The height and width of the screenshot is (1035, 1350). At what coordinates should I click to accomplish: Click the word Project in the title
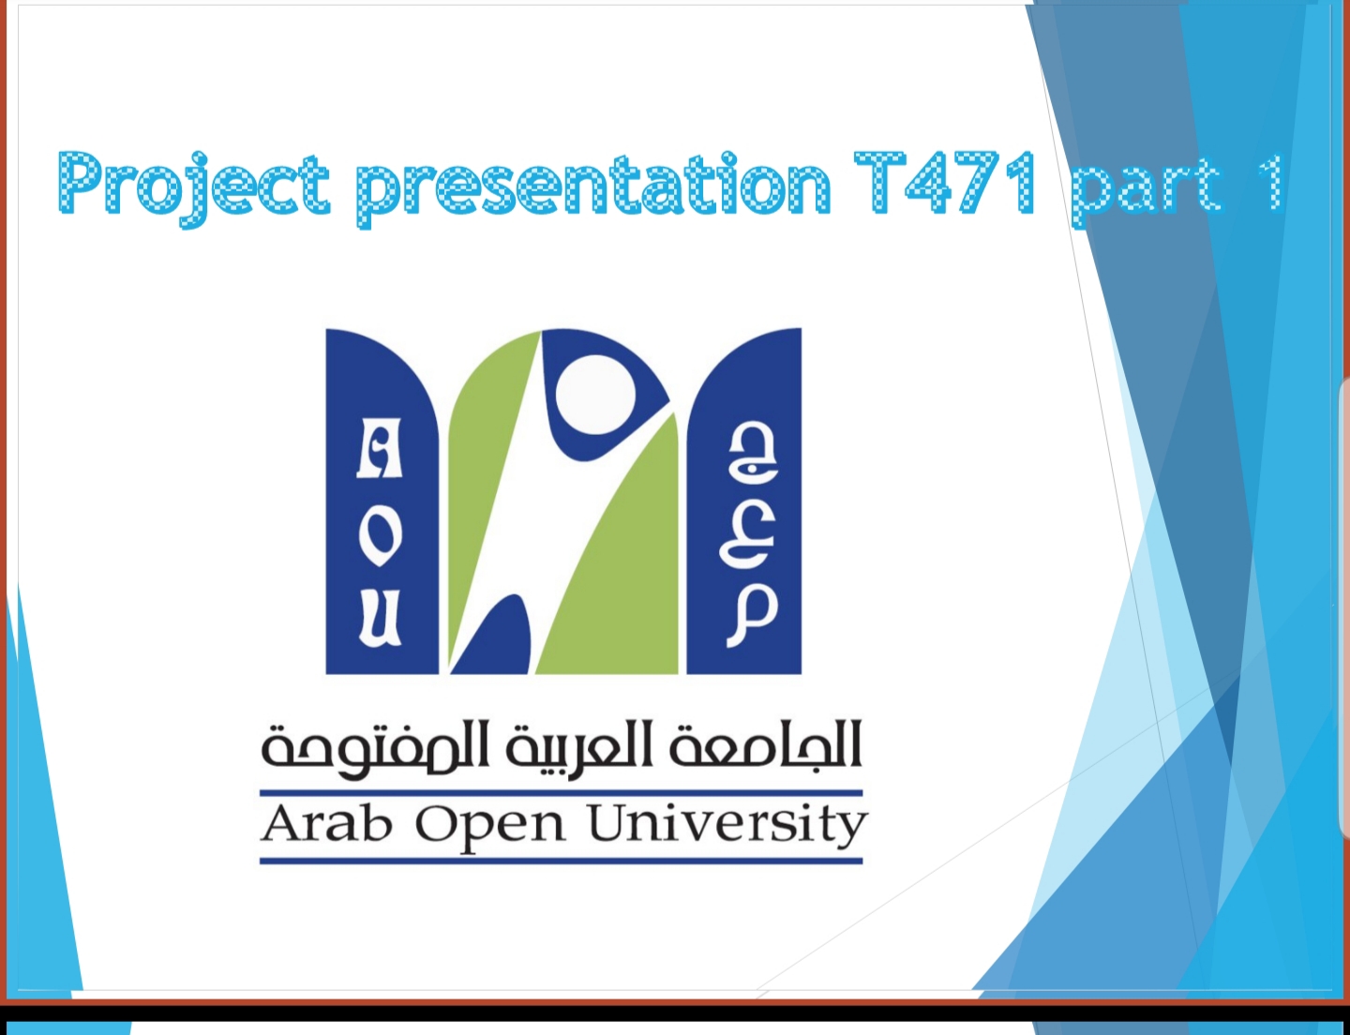coord(193,187)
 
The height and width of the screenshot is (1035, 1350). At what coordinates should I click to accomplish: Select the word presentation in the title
coord(593,187)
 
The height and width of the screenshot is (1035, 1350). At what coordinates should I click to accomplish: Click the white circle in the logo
coord(595,395)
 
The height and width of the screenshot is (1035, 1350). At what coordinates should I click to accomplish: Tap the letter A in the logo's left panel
coord(380,448)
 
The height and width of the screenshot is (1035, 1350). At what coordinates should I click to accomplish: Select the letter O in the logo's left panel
coord(380,538)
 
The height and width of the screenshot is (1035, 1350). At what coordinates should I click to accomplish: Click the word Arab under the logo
coord(327,824)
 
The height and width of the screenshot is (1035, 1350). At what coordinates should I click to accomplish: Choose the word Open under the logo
coord(490,827)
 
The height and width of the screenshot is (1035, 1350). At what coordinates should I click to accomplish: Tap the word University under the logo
coord(727,827)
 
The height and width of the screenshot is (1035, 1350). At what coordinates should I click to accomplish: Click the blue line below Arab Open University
coord(561,862)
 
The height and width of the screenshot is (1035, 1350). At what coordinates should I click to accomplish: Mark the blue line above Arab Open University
coord(561,793)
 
